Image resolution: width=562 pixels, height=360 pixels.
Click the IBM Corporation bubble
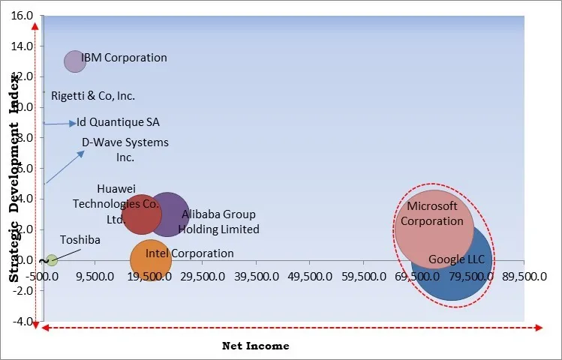[74, 61]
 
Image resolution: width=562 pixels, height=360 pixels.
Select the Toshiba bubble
[51, 260]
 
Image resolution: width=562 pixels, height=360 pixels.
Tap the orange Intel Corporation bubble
[150, 260]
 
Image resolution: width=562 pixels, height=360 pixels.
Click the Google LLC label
[457, 260]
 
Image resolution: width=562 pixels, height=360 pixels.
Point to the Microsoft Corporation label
[431, 214]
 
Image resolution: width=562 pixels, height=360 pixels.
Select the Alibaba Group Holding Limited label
[220, 222]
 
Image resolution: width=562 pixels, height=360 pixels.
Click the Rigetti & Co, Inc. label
[93, 96]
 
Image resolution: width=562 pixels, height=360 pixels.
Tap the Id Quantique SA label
[118, 122]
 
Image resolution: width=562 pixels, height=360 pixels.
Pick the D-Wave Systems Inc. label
[125, 150]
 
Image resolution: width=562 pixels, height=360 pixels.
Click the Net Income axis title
[255, 346]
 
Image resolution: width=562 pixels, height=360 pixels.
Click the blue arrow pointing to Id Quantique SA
[60, 123]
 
